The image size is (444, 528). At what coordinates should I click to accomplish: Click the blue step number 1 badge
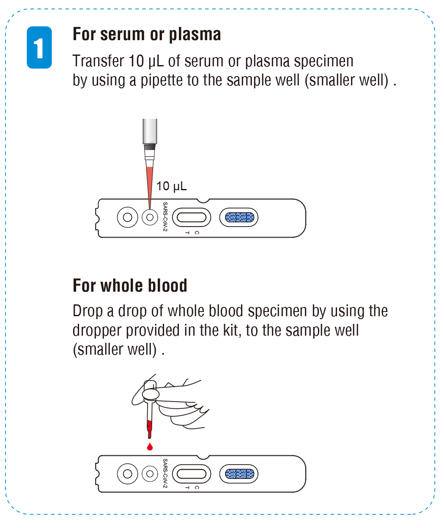[39, 47]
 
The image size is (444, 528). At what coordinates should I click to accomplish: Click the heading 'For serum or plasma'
[147, 34]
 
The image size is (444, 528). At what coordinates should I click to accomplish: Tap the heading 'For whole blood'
[130, 286]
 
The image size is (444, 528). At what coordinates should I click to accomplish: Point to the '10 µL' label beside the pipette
[171, 186]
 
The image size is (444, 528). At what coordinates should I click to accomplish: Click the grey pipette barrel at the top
[150, 131]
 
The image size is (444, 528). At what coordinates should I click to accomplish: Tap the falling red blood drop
[150, 446]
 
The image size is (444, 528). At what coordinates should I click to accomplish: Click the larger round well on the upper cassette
[127, 218]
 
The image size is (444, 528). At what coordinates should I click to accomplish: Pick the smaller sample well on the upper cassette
[149, 218]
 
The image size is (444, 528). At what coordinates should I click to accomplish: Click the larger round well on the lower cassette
[127, 473]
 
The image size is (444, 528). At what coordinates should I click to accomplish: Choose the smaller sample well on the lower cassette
[149, 473]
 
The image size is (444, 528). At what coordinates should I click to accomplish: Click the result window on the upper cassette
[192, 218]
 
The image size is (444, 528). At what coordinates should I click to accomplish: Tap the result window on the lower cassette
[192, 473]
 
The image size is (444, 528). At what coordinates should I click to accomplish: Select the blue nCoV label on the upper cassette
[239, 218]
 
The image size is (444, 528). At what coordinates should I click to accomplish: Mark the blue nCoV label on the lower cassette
[239, 473]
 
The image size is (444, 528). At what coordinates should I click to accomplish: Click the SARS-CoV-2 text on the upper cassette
[165, 216]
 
